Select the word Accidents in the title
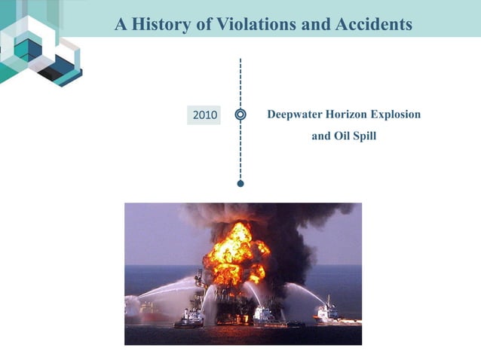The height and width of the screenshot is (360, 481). pos(375,25)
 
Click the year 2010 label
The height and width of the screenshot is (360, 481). pos(205,115)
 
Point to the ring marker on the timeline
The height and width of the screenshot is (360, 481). pos(240,115)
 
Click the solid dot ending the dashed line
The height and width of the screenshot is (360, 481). pos(240,183)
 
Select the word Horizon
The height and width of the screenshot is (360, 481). pos(349,114)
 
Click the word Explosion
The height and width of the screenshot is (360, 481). pos(397,114)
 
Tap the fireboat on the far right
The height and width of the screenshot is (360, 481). pos(328,311)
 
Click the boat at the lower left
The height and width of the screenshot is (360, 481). pos(189,319)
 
